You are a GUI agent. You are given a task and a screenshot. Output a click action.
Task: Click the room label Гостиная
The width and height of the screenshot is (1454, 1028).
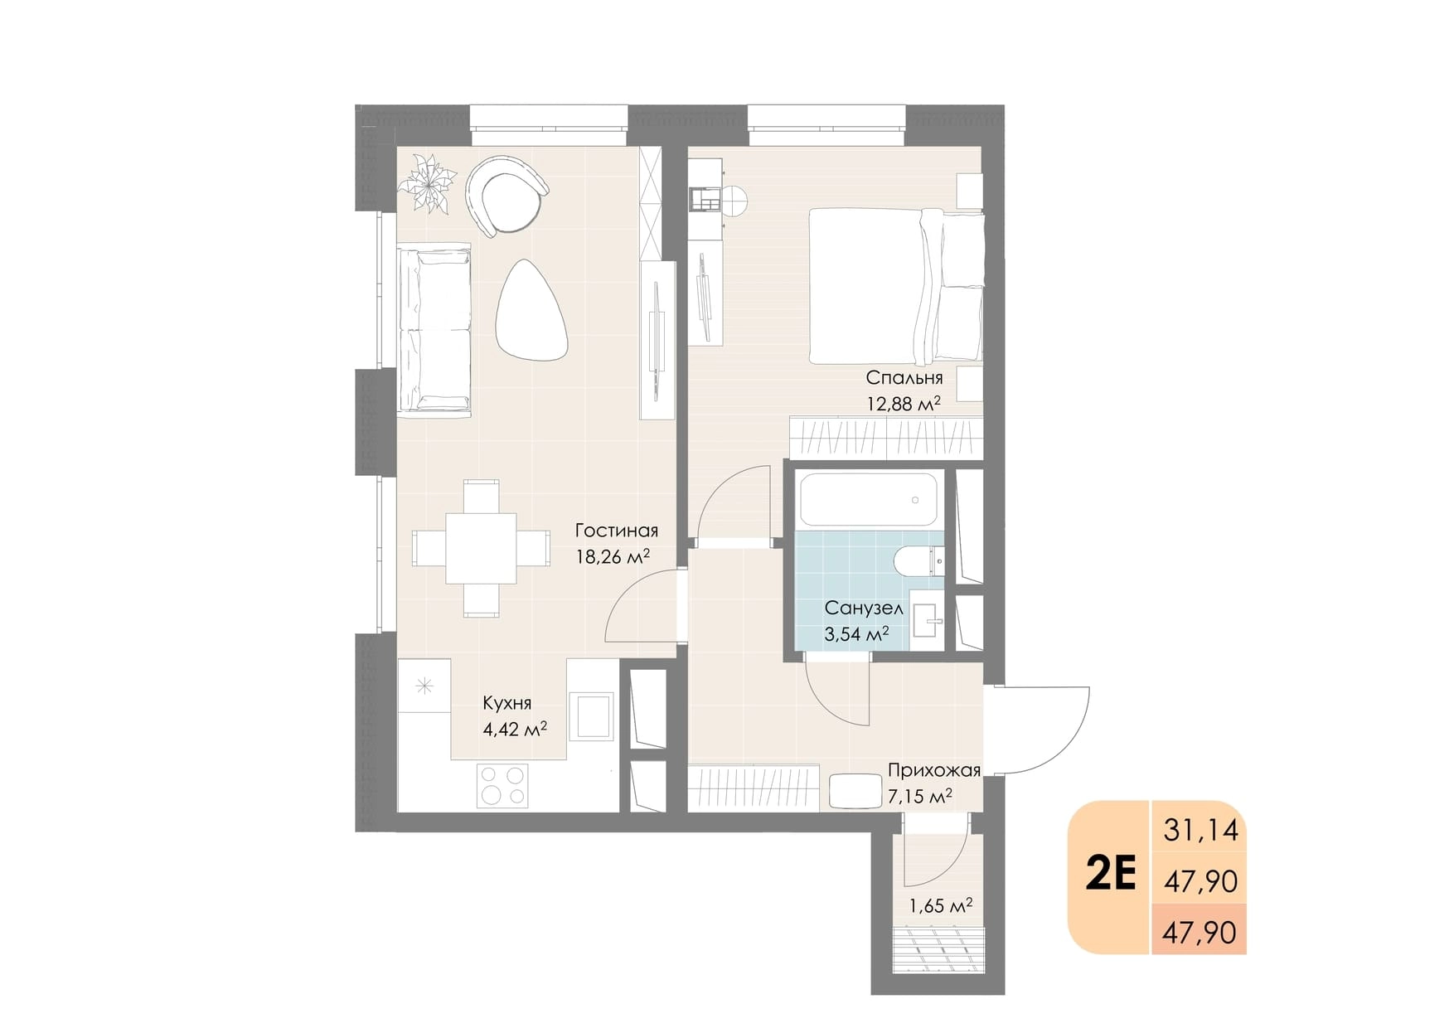pos(616,531)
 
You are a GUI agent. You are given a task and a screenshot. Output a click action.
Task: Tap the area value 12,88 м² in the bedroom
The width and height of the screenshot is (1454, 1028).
pos(904,404)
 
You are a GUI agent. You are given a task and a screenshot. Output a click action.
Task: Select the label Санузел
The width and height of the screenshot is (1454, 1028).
pos(864,608)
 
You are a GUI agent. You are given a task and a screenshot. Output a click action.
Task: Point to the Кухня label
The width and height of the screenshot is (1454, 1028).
pos(507,703)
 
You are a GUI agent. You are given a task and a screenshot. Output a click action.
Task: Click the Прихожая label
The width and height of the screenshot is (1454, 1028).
pos(934,770)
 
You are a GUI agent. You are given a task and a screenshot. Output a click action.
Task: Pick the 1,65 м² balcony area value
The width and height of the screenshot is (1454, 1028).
pos(941,906)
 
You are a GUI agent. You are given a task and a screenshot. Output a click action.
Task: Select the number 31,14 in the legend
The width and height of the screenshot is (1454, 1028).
pos(1200,829)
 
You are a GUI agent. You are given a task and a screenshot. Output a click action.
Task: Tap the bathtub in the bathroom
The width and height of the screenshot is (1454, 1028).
pos(869,499)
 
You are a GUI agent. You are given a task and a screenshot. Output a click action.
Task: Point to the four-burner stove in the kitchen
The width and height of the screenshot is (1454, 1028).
pos(502,786)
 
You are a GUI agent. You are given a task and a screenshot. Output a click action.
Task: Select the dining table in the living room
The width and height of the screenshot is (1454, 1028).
pos(482,548)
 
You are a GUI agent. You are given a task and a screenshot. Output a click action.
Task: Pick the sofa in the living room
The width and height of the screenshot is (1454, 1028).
pos(434,330)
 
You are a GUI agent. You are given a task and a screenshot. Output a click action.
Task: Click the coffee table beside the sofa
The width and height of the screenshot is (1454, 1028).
pos(531,310)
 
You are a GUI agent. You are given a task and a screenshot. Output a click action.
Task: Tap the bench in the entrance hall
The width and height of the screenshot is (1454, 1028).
pos(855,791)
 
